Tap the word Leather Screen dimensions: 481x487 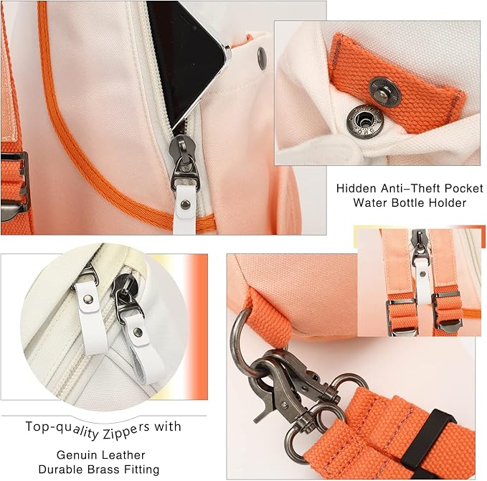click(124, 455)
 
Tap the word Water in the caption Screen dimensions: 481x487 click(371, 203)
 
